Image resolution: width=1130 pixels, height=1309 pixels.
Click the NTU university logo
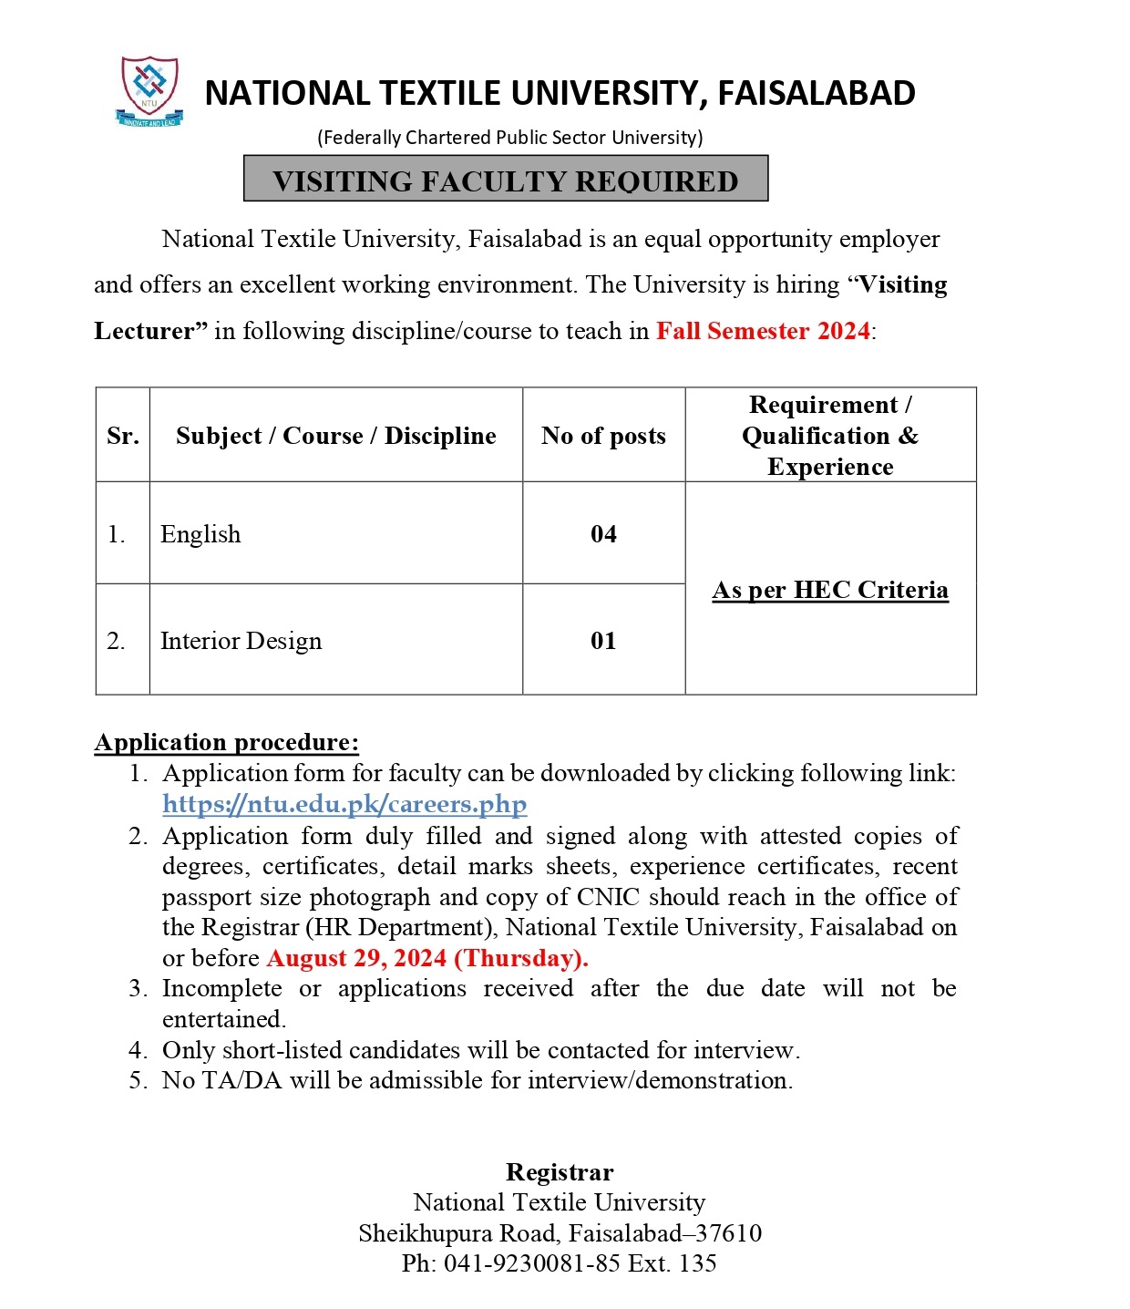coord(150,90)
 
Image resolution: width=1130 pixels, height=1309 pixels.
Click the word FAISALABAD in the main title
coord(816,94)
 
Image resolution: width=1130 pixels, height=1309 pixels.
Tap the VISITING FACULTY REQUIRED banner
coord(506,180)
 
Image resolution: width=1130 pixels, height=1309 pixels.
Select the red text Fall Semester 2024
coord(763,331)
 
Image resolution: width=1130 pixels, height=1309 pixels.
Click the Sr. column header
coord(123,436)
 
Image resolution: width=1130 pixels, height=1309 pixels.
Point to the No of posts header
coord(603,436)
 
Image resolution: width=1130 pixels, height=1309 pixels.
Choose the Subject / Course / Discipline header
coord(335,436)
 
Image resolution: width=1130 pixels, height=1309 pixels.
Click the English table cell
coord(200,534)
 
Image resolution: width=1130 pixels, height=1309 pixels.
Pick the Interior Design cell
coord(241,641)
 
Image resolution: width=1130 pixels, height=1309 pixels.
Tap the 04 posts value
coord(603,534)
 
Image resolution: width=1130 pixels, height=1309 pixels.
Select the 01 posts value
coord(603,641)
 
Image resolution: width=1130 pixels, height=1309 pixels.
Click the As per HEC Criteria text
coord(830,590)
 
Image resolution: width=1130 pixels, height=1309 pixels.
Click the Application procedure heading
coord(227,742)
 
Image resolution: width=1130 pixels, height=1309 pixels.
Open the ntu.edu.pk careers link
coord(344,804)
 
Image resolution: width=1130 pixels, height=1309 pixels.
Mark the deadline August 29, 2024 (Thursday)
coord(427,958)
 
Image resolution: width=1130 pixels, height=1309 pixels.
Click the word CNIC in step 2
coord(609,897)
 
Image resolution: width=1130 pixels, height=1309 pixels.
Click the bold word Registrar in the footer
coord(560,1172)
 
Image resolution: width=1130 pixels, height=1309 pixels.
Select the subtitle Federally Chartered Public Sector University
coord(510,138)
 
